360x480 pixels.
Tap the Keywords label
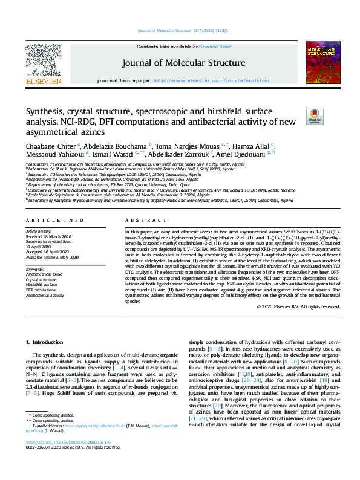[35, 252]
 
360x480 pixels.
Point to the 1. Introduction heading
[51, 343]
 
